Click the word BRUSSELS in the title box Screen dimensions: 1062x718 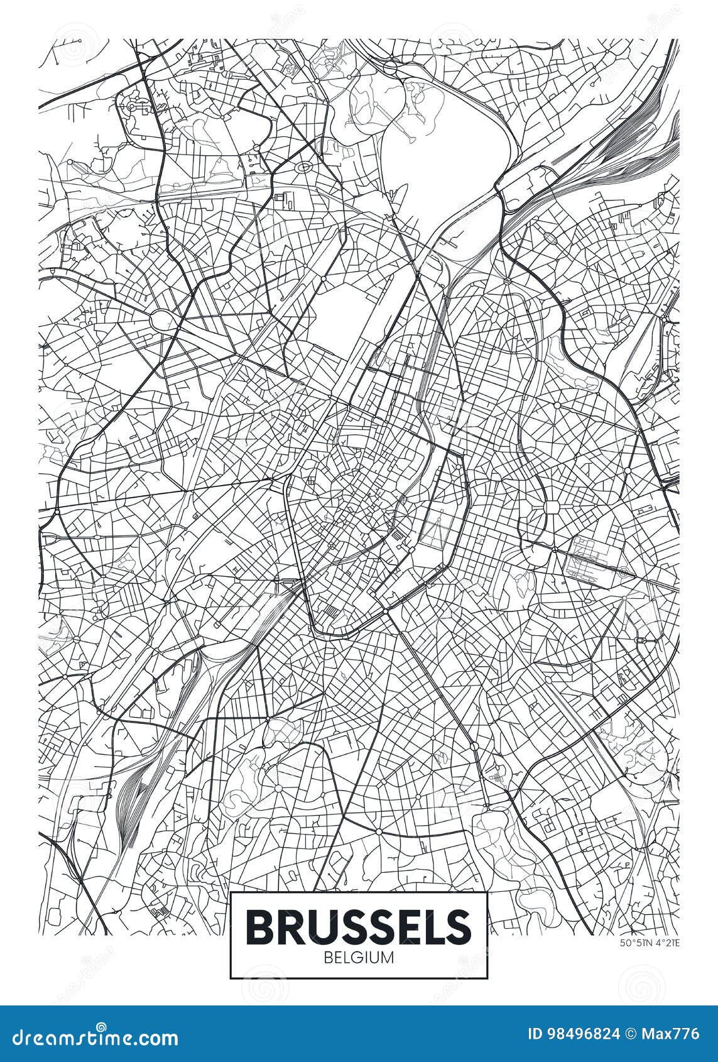[359, 924]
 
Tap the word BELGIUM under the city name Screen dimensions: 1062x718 [359, 958]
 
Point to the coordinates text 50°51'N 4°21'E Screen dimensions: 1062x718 [650, 942]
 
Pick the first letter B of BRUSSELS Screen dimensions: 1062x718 [259, 924]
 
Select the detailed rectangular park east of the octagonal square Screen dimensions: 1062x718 [594, 556]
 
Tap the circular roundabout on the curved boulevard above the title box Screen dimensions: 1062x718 [379, 831]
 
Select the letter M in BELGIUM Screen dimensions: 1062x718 [388, 958]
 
